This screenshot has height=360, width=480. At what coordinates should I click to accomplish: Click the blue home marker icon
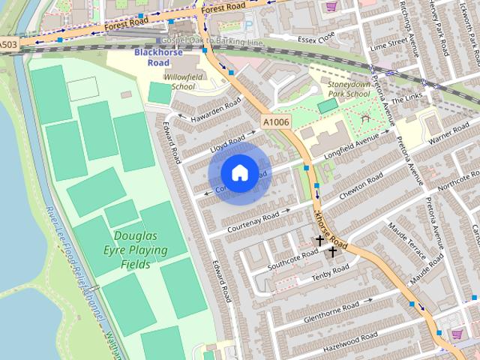pyautogui.click(x=239, y=172)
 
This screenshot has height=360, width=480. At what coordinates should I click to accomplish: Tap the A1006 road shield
pyautogui.click(x=274, y=121)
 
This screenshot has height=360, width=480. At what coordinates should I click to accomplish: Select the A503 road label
pyautogui.click(x=8, y=45)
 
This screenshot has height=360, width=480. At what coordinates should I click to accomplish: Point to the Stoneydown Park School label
pyautogui.click(x=349, y=90)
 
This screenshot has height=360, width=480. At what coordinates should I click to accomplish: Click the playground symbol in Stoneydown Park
pyautogui.click(x=365, y=119)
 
